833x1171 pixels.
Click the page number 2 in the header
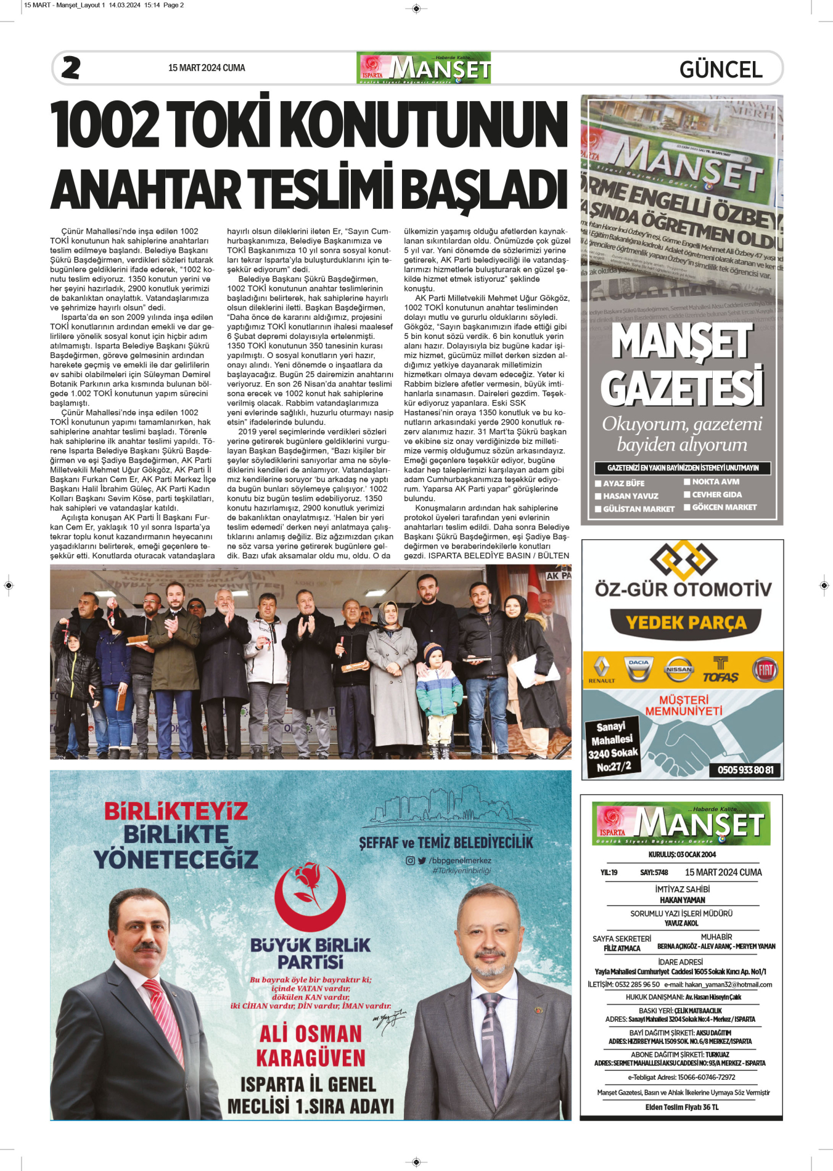[x=71, y=68]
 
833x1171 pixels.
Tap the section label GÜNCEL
[x=721, y=69]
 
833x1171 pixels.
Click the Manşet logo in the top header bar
[x=424, y=68]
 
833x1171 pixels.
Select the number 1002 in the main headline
[x=105, y=124]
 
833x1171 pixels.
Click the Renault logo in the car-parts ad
[x=601, y=669]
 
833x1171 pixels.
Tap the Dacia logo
[x=638, y=669]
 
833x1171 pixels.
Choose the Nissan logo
[x=679, y=669]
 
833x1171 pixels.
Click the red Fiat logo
[x=765, y=669]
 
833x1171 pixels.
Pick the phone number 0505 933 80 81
[x=745, y=770]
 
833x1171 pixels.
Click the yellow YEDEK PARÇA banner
[x=686, y=622]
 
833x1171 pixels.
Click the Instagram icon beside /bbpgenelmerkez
[x=410, y=861]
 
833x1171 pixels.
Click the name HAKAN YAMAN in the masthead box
[x=682, y=900]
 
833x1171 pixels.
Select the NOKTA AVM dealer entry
[x=715, y=482]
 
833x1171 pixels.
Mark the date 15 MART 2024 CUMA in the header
[x=207, y=68]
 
